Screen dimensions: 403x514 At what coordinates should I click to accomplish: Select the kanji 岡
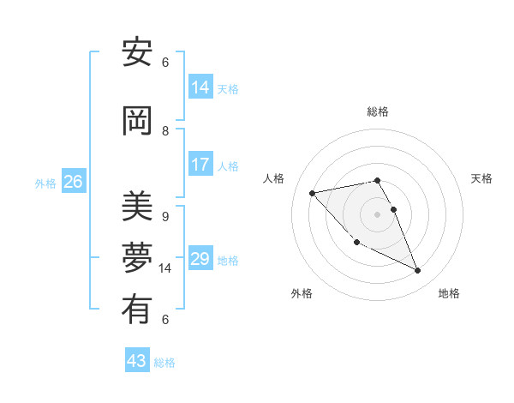point(137,123)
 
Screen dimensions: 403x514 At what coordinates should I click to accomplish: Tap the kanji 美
point(137,207)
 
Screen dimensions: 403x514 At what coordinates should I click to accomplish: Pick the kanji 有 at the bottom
point(137,310)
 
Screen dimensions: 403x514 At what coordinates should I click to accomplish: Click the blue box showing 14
point(200,87)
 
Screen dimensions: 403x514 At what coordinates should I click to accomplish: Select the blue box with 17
point(200,165)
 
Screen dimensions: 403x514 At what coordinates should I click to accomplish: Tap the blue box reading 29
point(200,259)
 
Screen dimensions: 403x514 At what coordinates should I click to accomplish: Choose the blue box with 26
point(73,182)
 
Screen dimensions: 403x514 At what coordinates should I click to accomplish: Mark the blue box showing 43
point(137,361)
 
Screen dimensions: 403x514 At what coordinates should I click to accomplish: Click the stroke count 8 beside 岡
point(165,131)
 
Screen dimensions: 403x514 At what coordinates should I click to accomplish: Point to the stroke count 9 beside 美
point(165,217)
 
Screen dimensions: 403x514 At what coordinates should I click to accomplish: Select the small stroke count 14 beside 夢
point(165,268)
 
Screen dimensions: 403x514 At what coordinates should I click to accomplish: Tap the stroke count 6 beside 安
point(165,63)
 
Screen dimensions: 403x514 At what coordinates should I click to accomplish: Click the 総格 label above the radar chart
point(377,111)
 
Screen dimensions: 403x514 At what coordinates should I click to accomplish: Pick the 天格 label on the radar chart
point(482,178)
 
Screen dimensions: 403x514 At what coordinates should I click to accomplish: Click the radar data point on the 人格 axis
point(312,192)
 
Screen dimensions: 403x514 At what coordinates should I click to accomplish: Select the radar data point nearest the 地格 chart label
point(418,271)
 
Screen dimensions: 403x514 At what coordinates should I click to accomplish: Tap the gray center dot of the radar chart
point(377,214)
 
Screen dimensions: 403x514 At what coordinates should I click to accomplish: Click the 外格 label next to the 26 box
point(45,183)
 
